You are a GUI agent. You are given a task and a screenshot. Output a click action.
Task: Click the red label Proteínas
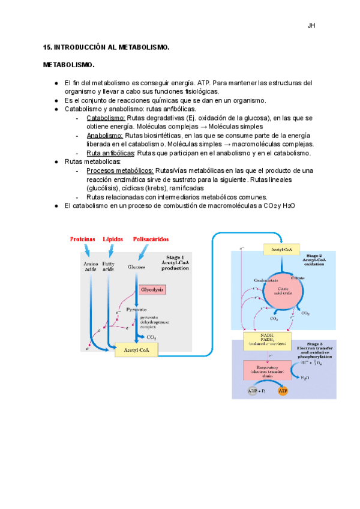[82, 238]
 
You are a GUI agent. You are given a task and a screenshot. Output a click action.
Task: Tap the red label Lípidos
[113, 238]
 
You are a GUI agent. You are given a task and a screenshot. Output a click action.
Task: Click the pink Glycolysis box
[152, 289]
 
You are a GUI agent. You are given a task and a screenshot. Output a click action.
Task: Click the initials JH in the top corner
[311, 26]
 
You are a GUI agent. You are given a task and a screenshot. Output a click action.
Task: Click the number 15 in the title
[47, 46]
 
